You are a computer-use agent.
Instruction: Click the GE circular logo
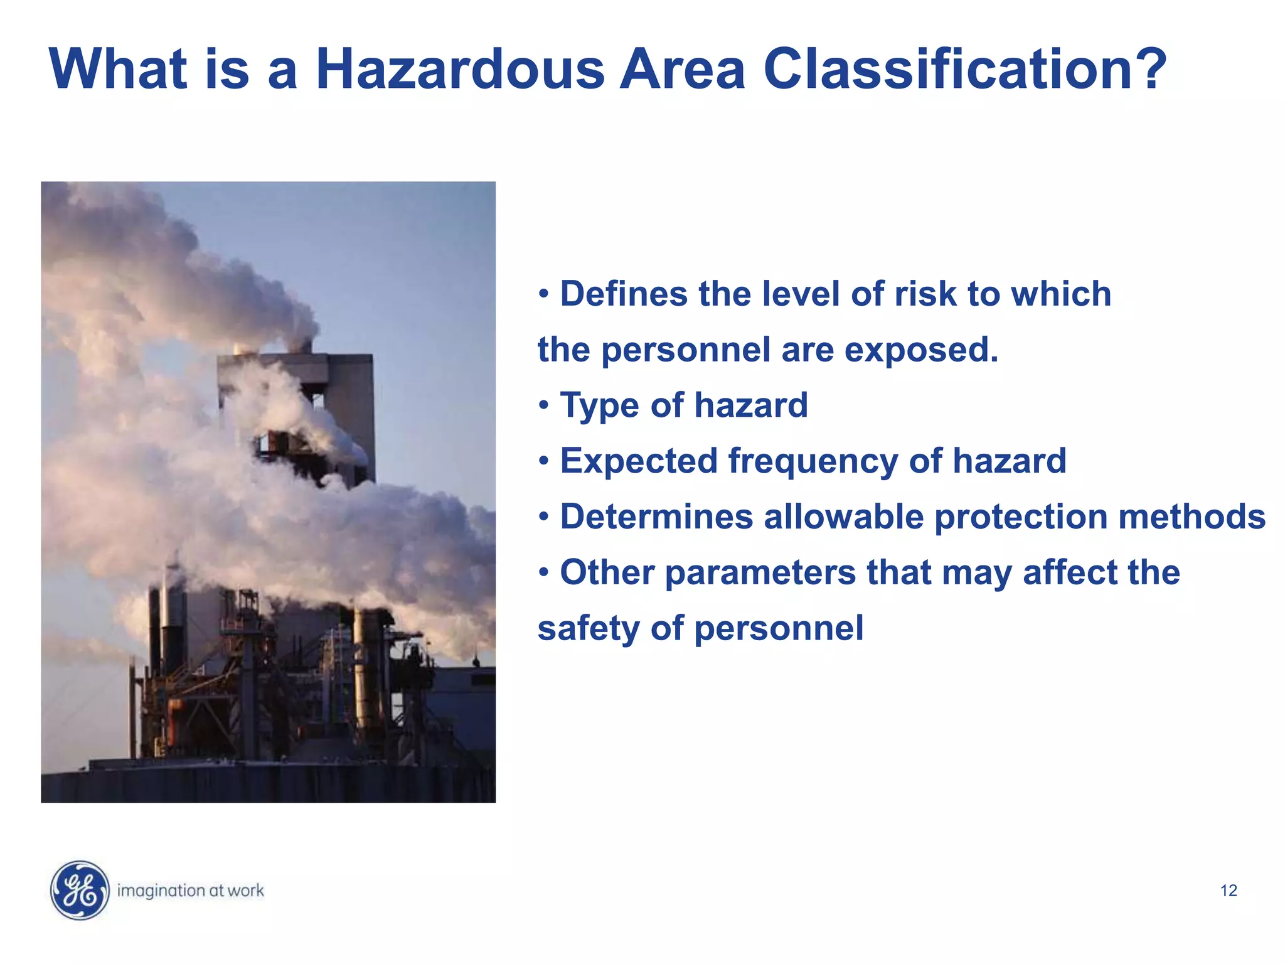coord(79,890)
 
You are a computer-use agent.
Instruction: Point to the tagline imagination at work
coord(191,891)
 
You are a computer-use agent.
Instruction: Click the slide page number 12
coord(1229,891)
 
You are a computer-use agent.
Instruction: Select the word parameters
coord(760,574)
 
